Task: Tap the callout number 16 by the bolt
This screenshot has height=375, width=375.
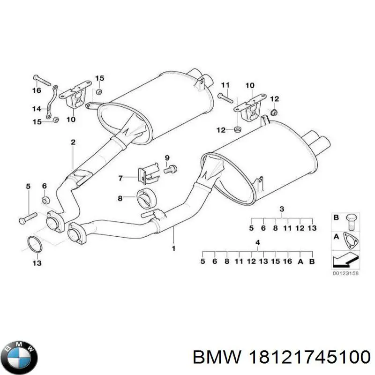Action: [x=37, y=90]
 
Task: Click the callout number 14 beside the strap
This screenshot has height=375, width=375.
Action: [x=37, y=109]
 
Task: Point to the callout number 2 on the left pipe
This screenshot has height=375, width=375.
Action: [x=73, y=142]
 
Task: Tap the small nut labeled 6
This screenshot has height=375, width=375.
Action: [x=45, y=201]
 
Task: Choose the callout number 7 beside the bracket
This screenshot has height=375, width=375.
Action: [x=120, y=178]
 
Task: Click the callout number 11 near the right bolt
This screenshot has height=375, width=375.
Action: [x=225, y=85]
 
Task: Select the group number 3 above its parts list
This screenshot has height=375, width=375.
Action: [x=282, y=209]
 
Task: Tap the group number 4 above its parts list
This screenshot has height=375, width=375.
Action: [x=257, y=242]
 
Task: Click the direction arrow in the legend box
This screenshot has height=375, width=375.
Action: [x=345, y=259]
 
